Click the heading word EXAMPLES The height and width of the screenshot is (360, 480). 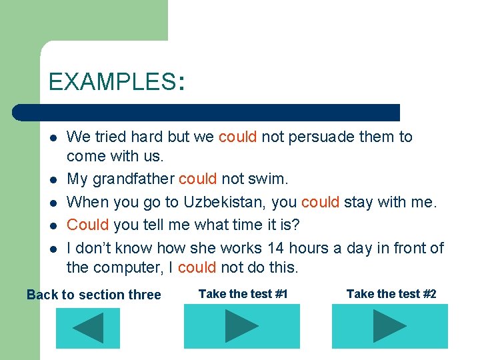[x=111, y=82]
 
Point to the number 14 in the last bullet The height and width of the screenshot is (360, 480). [x=275, y=248]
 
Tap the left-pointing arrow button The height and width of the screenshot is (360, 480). [x=87, y=327]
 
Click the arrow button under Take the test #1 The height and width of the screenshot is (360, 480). [x=241, y=326]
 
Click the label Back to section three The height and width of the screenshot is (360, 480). [x=93, y=295]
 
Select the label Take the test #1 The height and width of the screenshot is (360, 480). [x=243, y=294]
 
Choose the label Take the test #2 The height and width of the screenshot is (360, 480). [x=391, y=294]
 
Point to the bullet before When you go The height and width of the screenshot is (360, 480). [x=53, y=202]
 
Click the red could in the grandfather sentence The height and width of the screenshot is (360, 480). [x=197, y=179]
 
